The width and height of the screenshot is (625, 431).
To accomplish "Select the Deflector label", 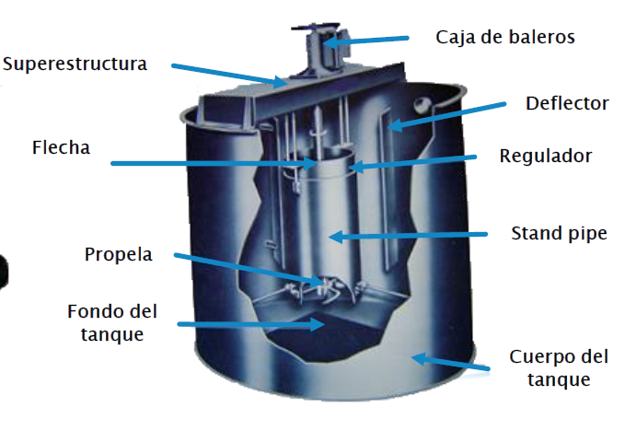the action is [567, 103].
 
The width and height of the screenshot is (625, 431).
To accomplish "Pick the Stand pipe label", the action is [560, 233].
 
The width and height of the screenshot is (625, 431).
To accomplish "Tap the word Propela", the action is [117, 253].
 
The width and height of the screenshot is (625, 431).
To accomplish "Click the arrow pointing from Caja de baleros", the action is [367, 40].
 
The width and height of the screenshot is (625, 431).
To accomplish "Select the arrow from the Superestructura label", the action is [230, 76].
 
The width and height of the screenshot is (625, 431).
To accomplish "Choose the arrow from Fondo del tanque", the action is [249, 324].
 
